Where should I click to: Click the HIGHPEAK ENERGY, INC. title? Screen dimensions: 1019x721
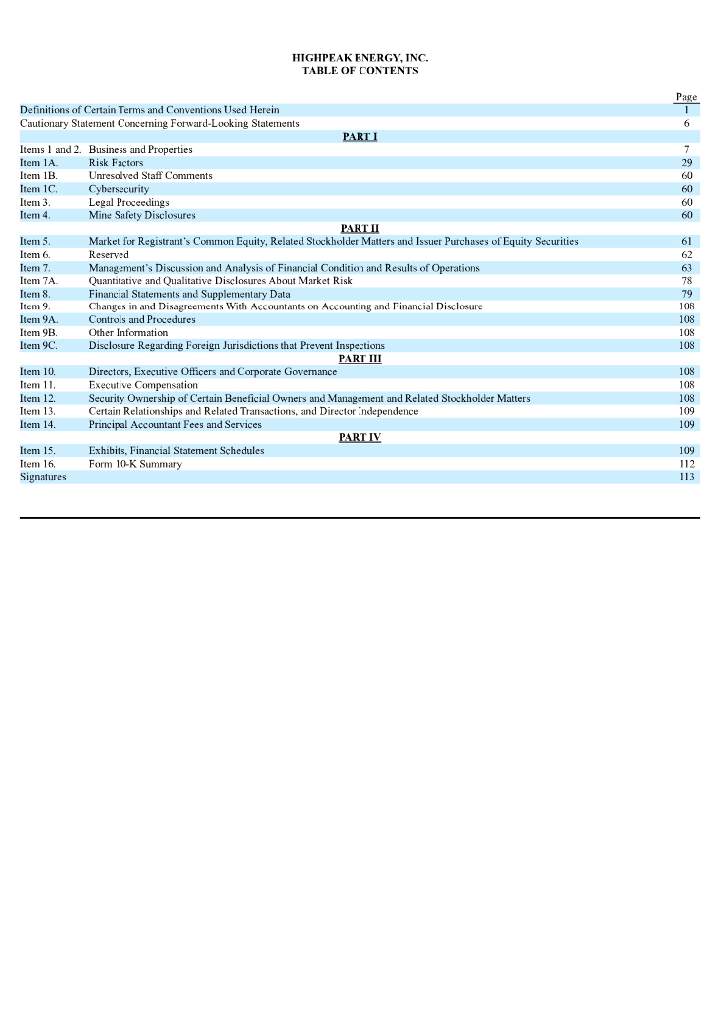coord(360,58)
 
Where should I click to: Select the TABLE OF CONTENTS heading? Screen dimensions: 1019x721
coord(360,71)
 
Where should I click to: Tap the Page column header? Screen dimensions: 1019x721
coord(686,97)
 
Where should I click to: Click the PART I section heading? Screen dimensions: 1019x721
coord(360,136)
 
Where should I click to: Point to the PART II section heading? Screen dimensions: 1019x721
coord(360,228)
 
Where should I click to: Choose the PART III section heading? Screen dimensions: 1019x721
coord(360,358)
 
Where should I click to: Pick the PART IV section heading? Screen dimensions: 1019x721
coord(360,437)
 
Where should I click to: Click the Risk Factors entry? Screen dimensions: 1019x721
coord(116,162)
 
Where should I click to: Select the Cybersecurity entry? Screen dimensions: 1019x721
coord(119,189)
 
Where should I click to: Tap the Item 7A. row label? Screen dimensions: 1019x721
coord(39,281)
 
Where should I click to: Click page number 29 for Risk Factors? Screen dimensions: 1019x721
coord(686,162)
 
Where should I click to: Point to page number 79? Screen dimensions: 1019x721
coord(686,294)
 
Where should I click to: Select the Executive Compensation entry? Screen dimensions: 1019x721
coord(142,385)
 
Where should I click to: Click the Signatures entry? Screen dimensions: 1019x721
coord(42,477)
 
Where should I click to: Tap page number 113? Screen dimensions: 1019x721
coord(686,477)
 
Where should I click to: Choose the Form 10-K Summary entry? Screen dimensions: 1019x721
coord(134,464)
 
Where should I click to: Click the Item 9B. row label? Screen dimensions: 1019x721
coord(39,333)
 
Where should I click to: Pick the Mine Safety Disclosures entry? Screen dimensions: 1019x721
coord(141,215)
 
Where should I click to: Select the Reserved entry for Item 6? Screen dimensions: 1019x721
coord(109,255)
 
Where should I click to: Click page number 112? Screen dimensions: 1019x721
coord(686,464)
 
